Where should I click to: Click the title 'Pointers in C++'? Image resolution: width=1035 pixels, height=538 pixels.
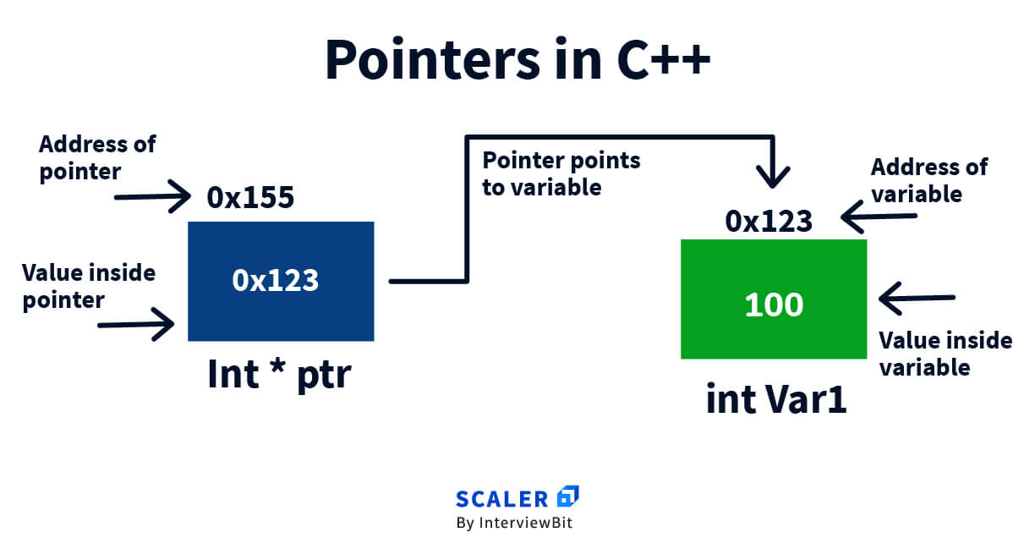[x=517, y=59]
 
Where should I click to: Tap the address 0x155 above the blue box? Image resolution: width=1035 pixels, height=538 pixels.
[x=250, y=197]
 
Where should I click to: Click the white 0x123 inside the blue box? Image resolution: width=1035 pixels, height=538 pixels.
[x=276, y=280]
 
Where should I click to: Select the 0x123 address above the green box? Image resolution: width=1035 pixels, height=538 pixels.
[x=769, y=221]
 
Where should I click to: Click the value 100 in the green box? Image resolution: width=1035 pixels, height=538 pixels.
[x=774, y=305]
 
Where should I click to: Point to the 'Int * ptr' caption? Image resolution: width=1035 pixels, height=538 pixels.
[x=280, y=375]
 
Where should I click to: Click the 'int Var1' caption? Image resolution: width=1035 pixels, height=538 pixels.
[x=776, y=399]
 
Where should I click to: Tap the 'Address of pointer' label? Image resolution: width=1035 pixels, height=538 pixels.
[x=97, y=158]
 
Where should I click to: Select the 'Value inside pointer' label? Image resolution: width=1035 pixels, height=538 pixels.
[x=89, y=287]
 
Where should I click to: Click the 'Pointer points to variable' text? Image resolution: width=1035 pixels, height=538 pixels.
[x=561, y=173]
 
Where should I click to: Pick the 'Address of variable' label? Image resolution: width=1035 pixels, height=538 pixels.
[x=929, y=180]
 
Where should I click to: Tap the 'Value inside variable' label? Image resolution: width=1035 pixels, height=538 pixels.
[x=945, y=354]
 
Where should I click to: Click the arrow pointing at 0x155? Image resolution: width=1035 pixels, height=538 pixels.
[x=152, y=196]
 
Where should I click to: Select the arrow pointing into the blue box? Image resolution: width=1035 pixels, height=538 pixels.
[x=136, y=325]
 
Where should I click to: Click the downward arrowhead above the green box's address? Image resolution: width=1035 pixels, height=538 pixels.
[x=773, y=177]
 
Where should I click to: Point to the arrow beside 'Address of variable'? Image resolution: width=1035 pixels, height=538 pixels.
[x=879, y=217]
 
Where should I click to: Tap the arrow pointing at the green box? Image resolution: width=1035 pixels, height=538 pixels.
[x=917, y=299]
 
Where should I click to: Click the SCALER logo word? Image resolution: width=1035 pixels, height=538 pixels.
[x=501, y=499]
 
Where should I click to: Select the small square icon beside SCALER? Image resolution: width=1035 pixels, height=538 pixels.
[x=568, y=496]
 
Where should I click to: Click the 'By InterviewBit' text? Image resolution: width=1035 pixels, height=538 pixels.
[x=514, y=523]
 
